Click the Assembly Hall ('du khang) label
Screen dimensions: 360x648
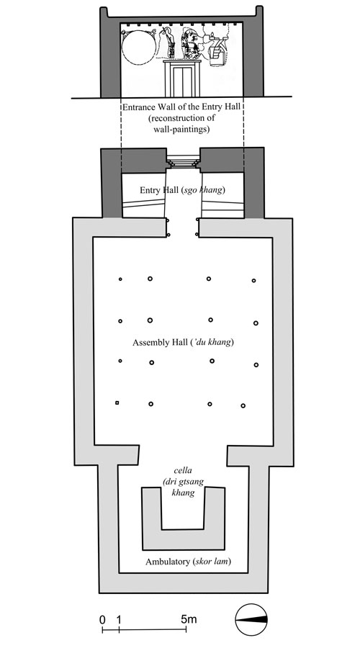[x=183, y=343]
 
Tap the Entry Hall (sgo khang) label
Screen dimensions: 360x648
[x=183, y=190]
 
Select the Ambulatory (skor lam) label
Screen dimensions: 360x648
[x=188, y=562]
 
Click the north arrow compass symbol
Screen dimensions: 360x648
[x=251, y=619]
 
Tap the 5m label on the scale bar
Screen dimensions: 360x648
[x=189, y=619]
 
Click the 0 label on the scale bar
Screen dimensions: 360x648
[x=102, y=619]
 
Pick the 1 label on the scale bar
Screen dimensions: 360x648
[x=119, y=619]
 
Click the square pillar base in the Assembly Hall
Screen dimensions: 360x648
[x=117, y=402]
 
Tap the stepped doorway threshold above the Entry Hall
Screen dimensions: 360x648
[x=183, y=161]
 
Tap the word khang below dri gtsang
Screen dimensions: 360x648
[x=183, y=493]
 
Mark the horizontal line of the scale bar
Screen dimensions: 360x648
[x=144, y=629]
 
